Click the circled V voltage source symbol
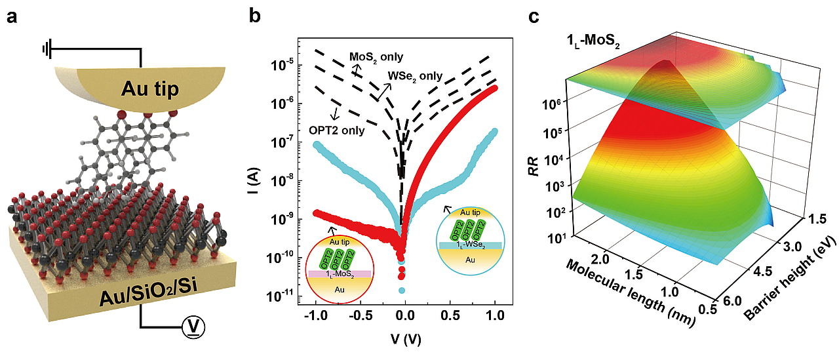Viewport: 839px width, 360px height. [x=191, y=325]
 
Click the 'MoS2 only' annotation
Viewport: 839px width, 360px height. [x=376, y=57]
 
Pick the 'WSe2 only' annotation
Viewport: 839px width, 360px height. [x=414, y=77]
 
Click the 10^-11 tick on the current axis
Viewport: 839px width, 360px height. [x=282, y=297]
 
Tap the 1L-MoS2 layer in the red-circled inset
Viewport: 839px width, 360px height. [x=339, y=273]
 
